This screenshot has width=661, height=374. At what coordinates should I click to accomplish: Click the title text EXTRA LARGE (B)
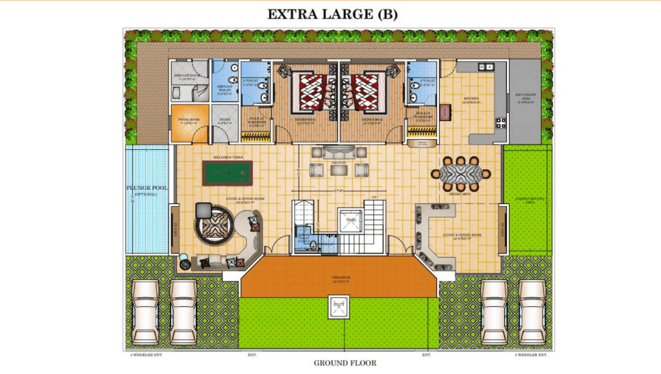(x=332, y=14)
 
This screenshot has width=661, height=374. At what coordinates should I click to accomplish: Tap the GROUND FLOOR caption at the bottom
(x=345, y=363)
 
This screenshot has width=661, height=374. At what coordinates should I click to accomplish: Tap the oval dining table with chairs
(x=461, y=174)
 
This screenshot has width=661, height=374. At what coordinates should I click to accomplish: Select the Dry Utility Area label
(x=525, y=97)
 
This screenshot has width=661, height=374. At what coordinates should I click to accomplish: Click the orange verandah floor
(x=340, y=278)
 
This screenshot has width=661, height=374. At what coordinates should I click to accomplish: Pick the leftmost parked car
(x=146, y=312)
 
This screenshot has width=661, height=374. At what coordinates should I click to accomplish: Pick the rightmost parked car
(x=532, y=312)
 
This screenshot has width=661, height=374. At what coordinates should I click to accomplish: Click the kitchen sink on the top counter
(x=486, y=66)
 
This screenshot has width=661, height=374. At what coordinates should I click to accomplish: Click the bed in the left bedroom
(x=307, y=92)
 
